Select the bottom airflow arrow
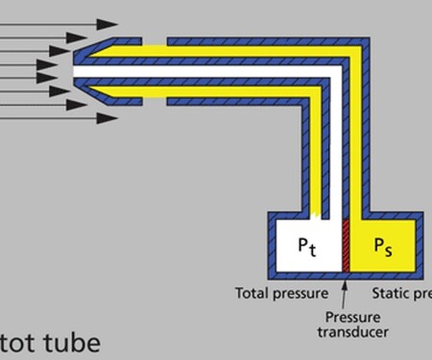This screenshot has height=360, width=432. tap(58, 118)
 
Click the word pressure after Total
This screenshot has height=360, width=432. tap(300, 292)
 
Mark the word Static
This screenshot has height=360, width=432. tap(389, 292)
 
